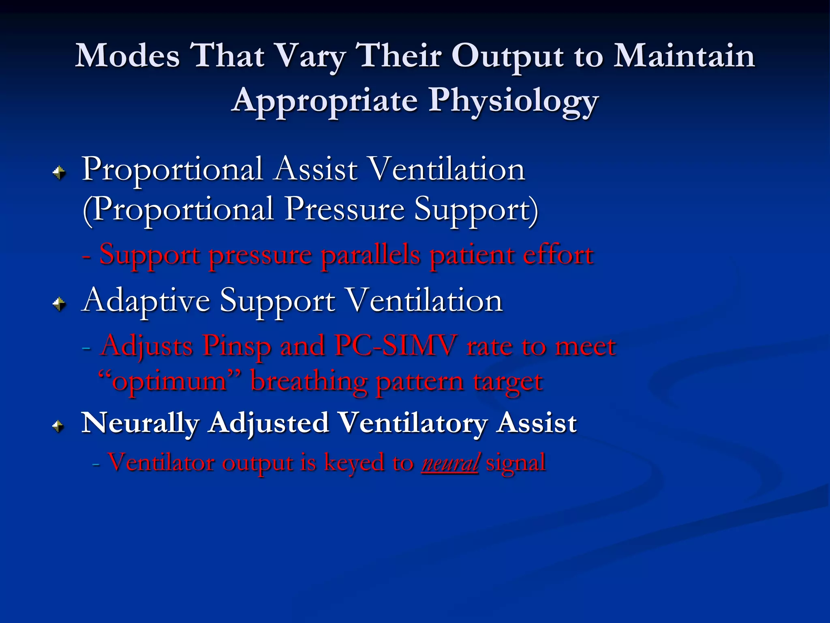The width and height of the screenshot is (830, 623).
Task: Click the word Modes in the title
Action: [x=128, y=56]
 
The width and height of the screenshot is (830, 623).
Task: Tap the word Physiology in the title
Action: [x=513, y=101]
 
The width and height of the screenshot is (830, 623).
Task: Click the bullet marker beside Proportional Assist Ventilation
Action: [x=59, y=173]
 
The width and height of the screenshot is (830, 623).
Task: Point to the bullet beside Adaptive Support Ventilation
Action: [x=59, y=303]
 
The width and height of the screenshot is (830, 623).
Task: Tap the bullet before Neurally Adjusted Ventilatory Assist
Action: [x=59, y=426]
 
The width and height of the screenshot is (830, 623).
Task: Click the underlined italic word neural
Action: [x=450, y=462]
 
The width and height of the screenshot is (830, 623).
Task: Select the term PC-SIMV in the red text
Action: [x=395, y=346]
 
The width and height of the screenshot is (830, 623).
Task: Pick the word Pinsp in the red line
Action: [x=237, y=346]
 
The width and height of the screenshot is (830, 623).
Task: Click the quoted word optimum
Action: [x=169, y=381]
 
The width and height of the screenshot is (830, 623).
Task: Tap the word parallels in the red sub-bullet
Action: [x=371, y=255]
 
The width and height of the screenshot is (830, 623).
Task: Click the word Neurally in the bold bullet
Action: [x=140, y=423]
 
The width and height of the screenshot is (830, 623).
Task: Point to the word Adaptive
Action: [x=146, y=301]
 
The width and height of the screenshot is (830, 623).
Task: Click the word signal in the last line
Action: [x=516, y=462]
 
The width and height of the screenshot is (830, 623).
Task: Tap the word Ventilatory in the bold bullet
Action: [x=413, y=423]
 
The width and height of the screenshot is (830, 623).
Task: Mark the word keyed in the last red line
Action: [x=354, y=462]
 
